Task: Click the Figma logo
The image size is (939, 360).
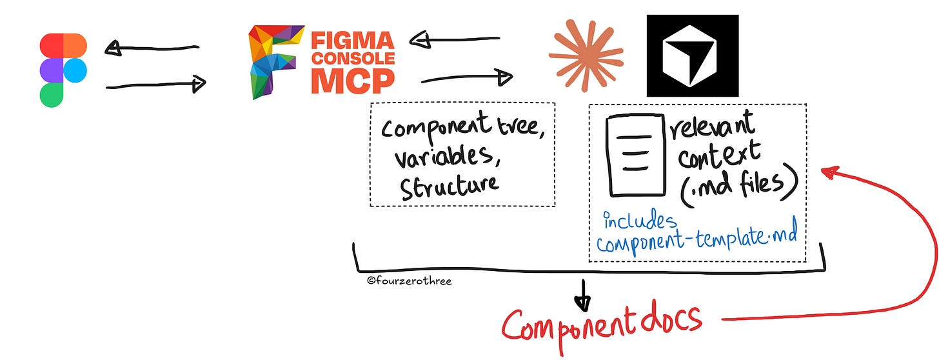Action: click(x=63, y=70)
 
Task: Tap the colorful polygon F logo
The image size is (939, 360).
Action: click(x=276, y=61)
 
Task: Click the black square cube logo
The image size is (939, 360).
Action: click(x=693, y=55)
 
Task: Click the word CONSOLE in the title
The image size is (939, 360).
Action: click(x=353, y=57)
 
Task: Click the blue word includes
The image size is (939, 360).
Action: click(x=640, y=221)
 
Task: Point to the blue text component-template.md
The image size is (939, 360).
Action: click(x=697, y=243)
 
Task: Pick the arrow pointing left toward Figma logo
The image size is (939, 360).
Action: click(x=151, y=48)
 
